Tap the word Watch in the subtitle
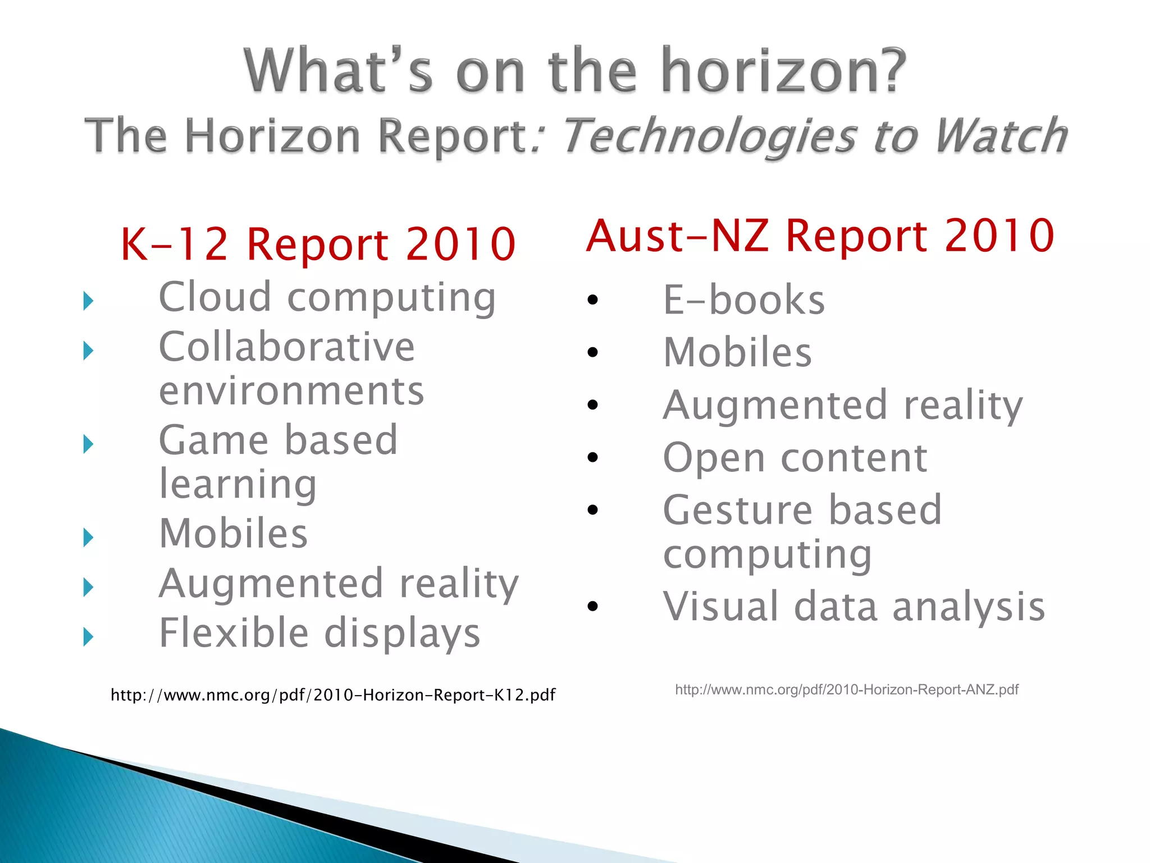click(x=1000, y=136)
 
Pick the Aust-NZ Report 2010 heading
click(x=820, y=236)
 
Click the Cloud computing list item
click(x=327, y=298)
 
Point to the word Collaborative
click(x=286, y=347)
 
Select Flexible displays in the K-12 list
click(x=319, y=633)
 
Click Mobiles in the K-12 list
click(x=233, y=533)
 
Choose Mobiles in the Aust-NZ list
click(x=737, y=353)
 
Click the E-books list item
click(x=743, y=300)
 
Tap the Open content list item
click(x=795, y=458)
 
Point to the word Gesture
click(x=737, y=510)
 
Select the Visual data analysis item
click(x=854, y=607)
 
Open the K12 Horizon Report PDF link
click(x=332, y=696)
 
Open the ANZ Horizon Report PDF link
click(x=846, y=690)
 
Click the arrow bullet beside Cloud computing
click(x=88, y=301)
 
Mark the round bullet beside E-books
click(x=592, y=301)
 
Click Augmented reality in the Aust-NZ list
click(x=842, y=406)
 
